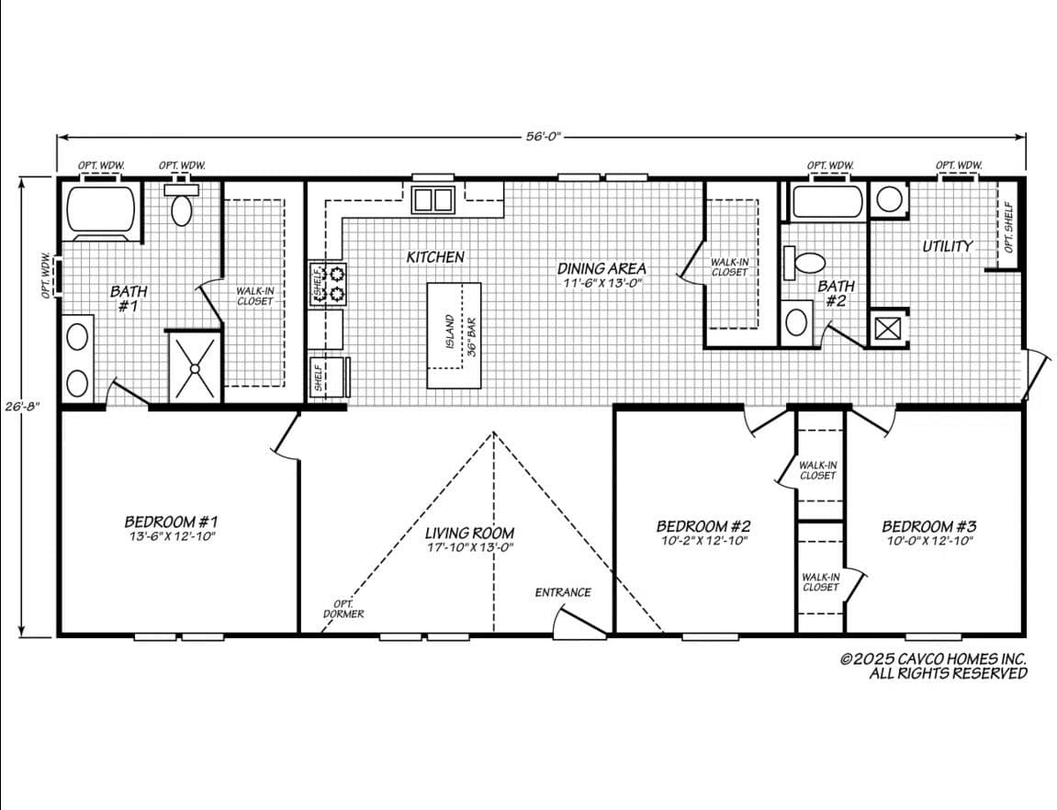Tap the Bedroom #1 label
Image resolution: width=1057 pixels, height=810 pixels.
[171, 522]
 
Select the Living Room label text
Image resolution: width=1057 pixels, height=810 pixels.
[469, 533]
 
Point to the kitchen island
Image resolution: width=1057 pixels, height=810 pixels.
[454, 335]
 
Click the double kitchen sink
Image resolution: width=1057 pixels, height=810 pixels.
[433, 199]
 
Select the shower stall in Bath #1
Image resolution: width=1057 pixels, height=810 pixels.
[195, 367]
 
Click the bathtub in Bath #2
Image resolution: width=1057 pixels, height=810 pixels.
[828, 203]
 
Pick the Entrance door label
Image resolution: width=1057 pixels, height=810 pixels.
[563, 592]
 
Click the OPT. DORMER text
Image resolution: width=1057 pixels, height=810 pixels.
[343, 609]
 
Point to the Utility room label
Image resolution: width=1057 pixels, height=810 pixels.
[947, 246]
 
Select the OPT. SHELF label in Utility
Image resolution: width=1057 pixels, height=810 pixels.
[1008, 228]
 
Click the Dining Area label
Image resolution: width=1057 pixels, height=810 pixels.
[602, 269]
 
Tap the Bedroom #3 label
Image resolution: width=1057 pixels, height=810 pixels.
[928, 526]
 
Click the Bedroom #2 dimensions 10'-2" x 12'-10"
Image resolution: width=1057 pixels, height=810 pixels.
[703, 541]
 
